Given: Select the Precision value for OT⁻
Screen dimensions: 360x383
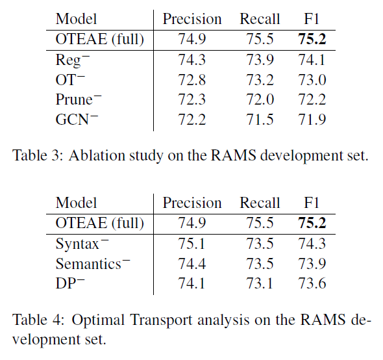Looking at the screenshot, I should coord(191,79).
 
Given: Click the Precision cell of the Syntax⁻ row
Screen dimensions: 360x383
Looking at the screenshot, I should coord(191,244).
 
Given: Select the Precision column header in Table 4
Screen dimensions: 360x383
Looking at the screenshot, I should coord(191,203).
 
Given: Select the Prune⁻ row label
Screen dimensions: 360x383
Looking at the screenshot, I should coord(79,99).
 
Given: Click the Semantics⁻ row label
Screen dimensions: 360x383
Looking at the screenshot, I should coord(88,264).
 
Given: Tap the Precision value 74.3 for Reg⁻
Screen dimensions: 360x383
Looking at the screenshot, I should coord(191,60).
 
